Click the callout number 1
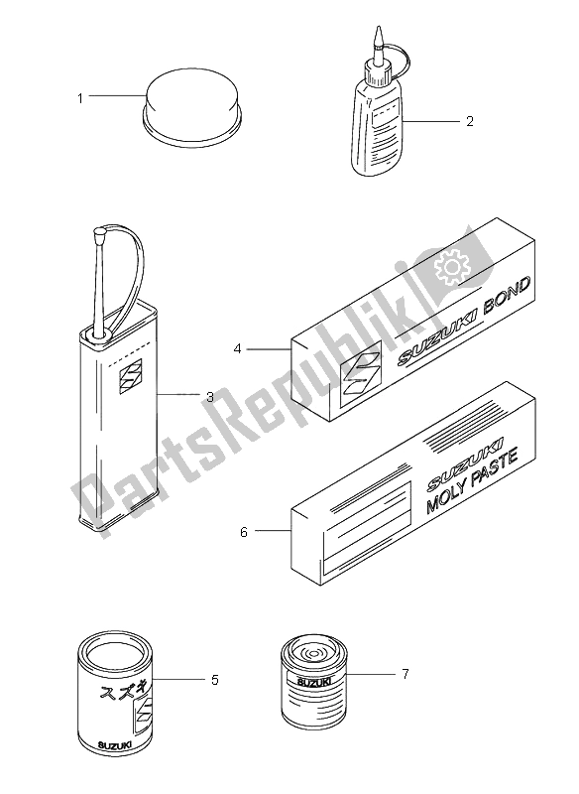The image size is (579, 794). tap(80, 98)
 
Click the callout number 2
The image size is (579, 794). tap(470, 121)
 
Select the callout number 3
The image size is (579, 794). tap(210, 398)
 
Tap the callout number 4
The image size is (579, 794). tap(237, 349)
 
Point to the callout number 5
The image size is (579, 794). tap(215, 680)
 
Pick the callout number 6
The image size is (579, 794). tap(244, 532)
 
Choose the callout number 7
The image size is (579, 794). tap(405, 674)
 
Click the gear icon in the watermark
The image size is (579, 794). tap(450, 267)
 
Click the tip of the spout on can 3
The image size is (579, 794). tap(98, 233)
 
